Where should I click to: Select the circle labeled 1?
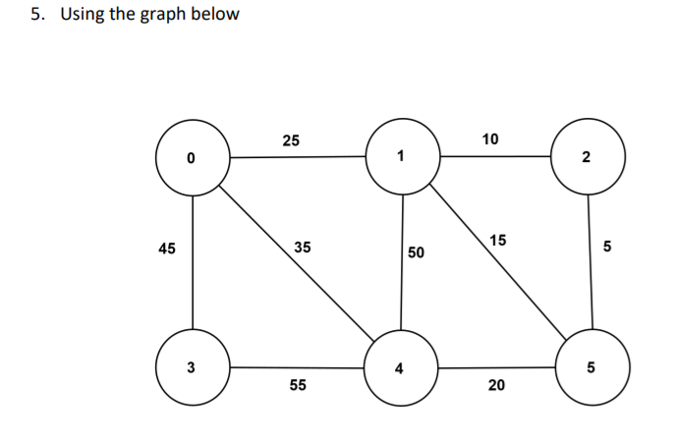401,156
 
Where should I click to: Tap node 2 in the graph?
587,157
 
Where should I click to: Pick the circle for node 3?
192,367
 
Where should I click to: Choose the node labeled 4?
399,369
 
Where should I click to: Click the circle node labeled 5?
590,368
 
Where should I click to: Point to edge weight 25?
291,140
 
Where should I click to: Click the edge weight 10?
491,138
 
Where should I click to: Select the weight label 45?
167,248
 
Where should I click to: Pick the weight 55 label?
297,386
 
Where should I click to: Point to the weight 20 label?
496,386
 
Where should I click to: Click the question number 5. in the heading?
36,15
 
